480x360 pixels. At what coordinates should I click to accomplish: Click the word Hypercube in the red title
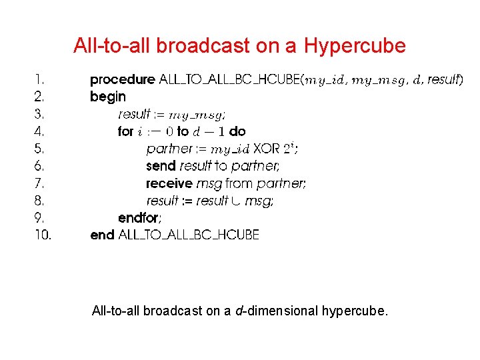(355, 46)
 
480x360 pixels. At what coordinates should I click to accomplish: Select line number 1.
(38, 80)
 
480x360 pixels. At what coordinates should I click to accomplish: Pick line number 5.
(39, 149)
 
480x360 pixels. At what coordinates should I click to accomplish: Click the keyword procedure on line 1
(122, 80)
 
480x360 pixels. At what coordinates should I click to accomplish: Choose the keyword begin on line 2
(108, 97)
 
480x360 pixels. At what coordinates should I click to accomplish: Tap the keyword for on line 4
(125, 132)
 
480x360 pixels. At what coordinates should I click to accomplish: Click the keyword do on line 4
(237, 132)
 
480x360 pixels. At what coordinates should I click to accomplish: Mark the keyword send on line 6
(161, 166)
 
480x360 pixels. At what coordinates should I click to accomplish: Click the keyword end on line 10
(102, 235)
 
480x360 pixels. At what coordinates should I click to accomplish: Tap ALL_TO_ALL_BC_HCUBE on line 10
(189, 235)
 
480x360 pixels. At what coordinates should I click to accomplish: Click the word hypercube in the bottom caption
(353, 311)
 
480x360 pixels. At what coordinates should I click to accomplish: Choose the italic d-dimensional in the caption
(277, 311)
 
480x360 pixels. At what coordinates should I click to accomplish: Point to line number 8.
(39, 201)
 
